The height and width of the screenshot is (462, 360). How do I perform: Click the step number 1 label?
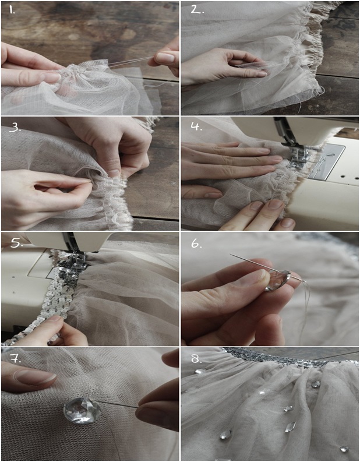(x=11, y=10)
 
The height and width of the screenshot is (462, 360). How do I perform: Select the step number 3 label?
(x=15, y=127)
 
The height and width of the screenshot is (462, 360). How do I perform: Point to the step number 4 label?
(x=196, y=126)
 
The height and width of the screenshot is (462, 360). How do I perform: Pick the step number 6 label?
(x=196, y=244)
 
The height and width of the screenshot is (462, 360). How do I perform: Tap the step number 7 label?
(x=15, y=359)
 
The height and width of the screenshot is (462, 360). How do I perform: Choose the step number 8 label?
(x=196, y=358)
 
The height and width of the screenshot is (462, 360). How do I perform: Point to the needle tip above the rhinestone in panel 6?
(x=231, y=254)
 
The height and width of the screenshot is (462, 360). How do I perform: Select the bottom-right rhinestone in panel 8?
(x=344, y=449)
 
